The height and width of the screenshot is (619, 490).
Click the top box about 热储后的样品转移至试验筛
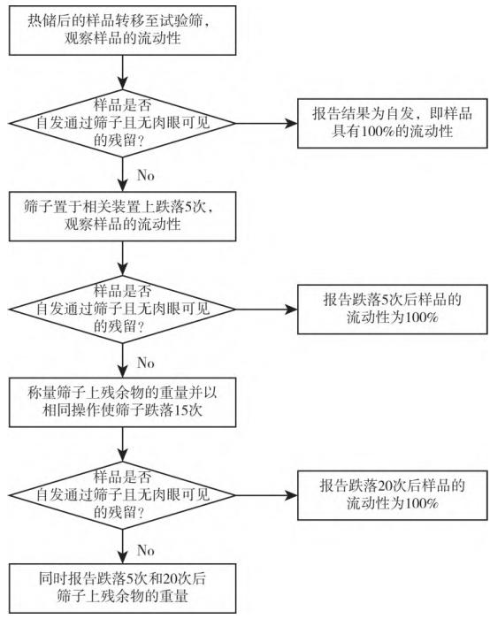[x=122, y=30]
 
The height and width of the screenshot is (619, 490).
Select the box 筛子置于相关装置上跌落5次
[x=122, y=217]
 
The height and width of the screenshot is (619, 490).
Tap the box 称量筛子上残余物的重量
[x=122, y=402]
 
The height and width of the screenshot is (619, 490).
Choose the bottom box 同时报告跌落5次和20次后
[x=122, y=588]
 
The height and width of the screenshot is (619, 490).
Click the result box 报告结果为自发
[x=392, y=123]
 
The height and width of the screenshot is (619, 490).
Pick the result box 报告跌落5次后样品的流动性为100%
[x=392, y=309]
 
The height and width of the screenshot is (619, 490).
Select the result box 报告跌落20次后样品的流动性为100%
[x=392, y=495]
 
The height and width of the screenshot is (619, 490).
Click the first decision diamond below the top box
[x=122, y=123]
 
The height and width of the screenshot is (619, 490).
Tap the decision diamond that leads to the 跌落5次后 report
[x=122, y=309]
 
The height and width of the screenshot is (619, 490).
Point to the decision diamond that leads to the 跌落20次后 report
[x=122, y=495]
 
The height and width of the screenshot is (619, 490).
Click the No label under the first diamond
[x=145, y=175]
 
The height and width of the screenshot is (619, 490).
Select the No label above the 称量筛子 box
[x=145, y=363]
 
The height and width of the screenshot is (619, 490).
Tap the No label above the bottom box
[x=145, y=550]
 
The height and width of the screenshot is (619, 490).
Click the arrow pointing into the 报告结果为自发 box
[x=266, y=123]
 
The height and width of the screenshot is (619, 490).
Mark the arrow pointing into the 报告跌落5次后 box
[x=266, y=309]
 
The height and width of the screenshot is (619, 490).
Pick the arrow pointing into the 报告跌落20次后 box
[x=266, y=495]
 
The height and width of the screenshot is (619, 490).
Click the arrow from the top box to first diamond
[x=122, y=73]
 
